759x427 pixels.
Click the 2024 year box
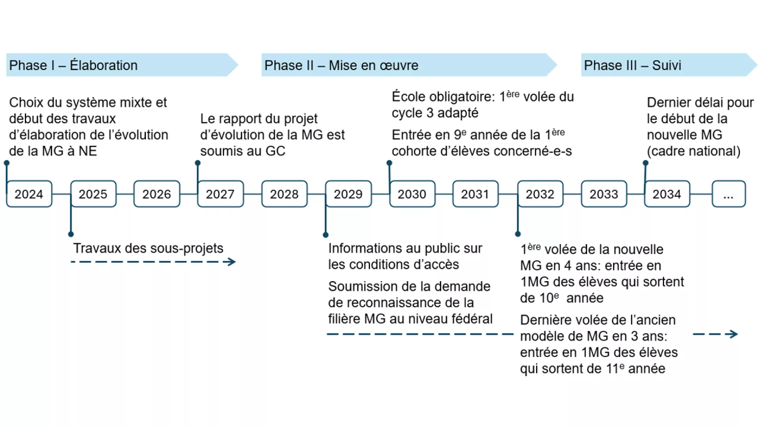29,194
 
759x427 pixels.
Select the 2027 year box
220,194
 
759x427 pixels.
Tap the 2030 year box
412,194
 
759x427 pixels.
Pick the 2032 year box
540,194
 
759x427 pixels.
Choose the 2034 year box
667,194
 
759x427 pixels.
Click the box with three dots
729,194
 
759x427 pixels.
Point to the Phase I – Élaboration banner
119,65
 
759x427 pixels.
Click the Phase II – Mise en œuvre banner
407,65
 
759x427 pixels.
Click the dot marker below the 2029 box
326,235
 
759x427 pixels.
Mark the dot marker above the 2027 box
198,163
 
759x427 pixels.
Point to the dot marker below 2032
518,234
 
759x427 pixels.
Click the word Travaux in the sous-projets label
97,248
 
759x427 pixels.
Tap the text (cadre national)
693,151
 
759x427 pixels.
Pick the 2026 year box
157,194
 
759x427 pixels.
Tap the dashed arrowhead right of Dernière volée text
734,334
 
